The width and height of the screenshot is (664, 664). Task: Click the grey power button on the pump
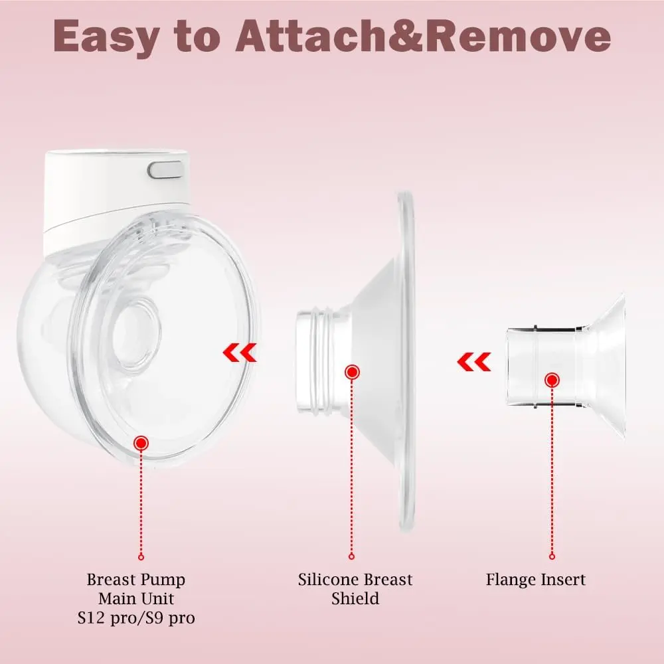[x=165, y=170]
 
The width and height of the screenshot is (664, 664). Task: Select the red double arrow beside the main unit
[x=240, y=353]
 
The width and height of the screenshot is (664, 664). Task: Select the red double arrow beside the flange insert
[x=474, y=362]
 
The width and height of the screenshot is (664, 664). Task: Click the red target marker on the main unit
[x=141, y=444]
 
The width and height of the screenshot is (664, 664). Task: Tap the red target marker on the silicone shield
[x=352, y=373]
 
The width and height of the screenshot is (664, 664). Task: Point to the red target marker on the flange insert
[x=552, y=380]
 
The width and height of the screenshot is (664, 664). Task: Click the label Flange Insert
[x=536, y=580]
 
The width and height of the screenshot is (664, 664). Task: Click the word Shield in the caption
[x=355, y=599]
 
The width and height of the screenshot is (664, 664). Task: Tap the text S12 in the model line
[x=90, y=618]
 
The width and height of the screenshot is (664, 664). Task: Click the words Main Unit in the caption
[x=136, y=599]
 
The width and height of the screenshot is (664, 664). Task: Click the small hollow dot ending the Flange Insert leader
[x=552, y=556]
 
